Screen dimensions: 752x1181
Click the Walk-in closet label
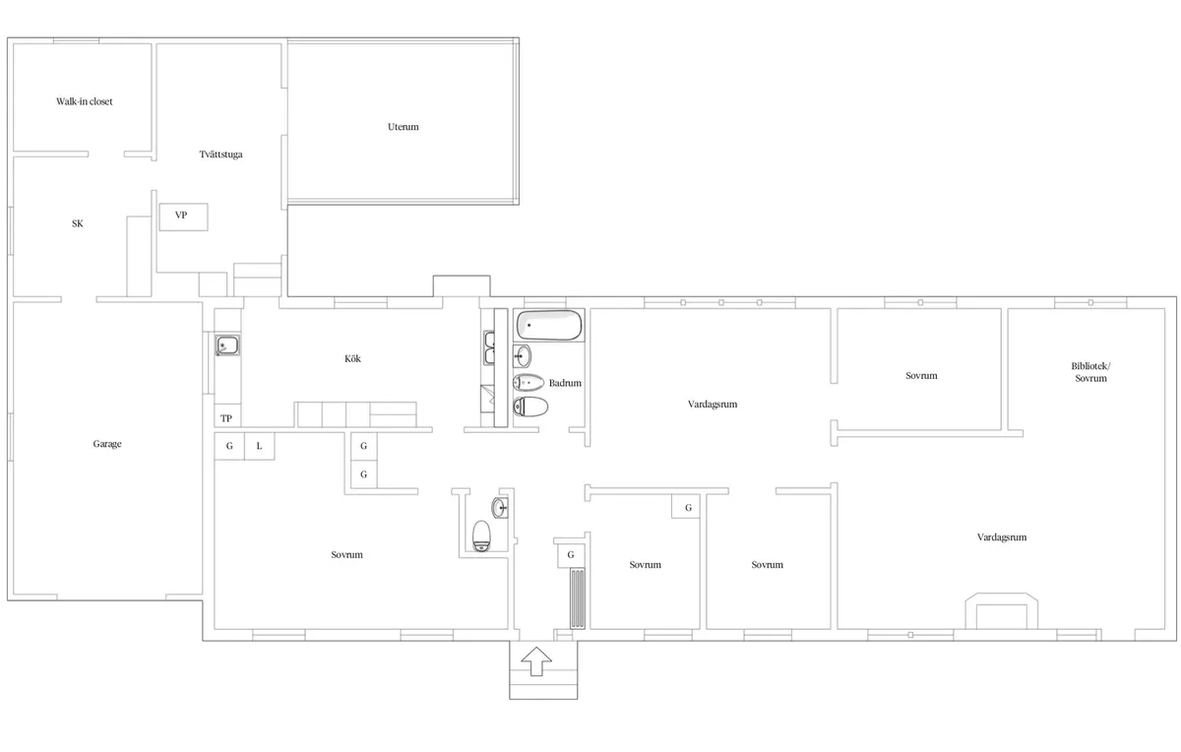(84, 101)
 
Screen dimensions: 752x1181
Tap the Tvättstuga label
(220, 155)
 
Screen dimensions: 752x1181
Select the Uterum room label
(404, 127)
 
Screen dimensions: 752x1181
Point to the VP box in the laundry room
(182, 216)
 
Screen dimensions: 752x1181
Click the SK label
(78, 223)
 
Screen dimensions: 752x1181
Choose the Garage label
(107, 444)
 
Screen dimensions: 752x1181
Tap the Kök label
(352, 359)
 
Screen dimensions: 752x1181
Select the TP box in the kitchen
(226, 418)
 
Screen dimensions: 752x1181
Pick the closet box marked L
(259, 446)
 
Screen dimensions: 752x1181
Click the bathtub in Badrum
(549, 325)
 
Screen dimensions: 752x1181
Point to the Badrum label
(566, 383)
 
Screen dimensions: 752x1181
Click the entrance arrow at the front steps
(536, 660)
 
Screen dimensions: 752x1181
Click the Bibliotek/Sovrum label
(1090, 372)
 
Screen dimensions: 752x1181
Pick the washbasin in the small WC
(500, 508)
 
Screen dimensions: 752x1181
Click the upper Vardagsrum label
(713, 404)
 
